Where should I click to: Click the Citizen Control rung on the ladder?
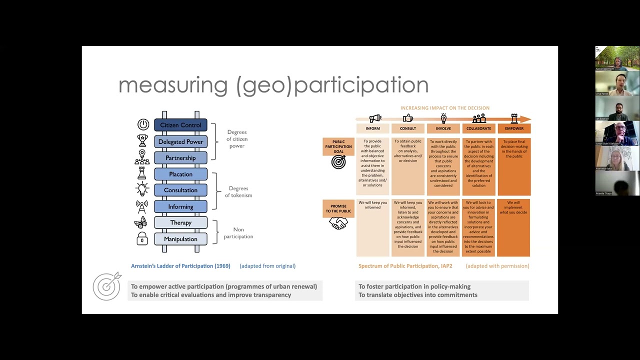[180, 125]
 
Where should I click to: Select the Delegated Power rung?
[180, 141]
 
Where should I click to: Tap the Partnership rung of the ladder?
[180, 158]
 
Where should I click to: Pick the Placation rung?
[180, 174]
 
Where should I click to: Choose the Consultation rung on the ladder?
[180, 190]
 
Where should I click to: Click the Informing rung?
[180, 206]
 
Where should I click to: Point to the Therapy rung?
[180, 222]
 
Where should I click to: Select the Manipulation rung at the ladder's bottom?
[180, 239]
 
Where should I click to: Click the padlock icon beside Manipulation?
[142, 238]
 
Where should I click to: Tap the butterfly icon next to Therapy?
[140, 222]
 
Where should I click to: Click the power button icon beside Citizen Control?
[143, 125]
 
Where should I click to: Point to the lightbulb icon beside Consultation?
[142, 189]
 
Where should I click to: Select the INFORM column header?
[372, 128]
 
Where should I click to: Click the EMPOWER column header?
[514, 128]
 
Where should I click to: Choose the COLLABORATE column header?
[478, 128]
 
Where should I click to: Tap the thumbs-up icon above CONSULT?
[408, 118]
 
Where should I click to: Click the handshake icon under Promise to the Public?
[338, 223]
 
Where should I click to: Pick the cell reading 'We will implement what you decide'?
[513, 207]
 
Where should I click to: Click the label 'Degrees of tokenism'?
[238, 192]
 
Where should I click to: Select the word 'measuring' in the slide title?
[173, 85]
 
